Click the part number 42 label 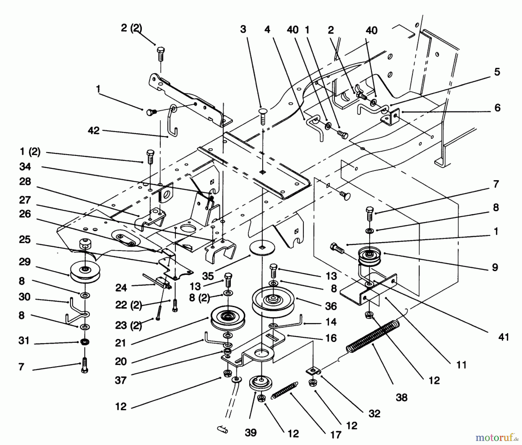pyautogui.click(x=94, y=131)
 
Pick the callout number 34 pyautogui.click(x=25, y=167)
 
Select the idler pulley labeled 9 pyautogui.click(x=369, y=256)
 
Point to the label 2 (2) pyautogui.click(x=131, y=28)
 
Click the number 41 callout pyautogui.click(x=503, y=337)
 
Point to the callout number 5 pyautogui.click(x=497, y=72)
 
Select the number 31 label pyautogui.click(x=24, y=341)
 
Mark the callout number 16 pyautogui.click(x=331, y=338)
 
